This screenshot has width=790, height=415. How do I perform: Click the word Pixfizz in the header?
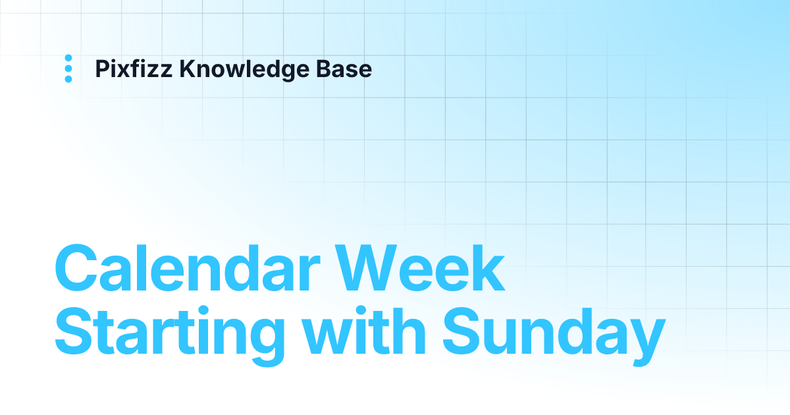(x=134, y=69)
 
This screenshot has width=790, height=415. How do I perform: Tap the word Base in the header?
(x=350, y=69)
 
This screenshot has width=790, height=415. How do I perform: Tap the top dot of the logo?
(x=68, y=58)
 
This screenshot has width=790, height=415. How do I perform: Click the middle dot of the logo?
(x=68, y=69)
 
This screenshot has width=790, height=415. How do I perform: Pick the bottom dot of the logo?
(x=68, y=79)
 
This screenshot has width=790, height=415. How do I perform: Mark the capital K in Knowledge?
(x=186, y=69)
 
